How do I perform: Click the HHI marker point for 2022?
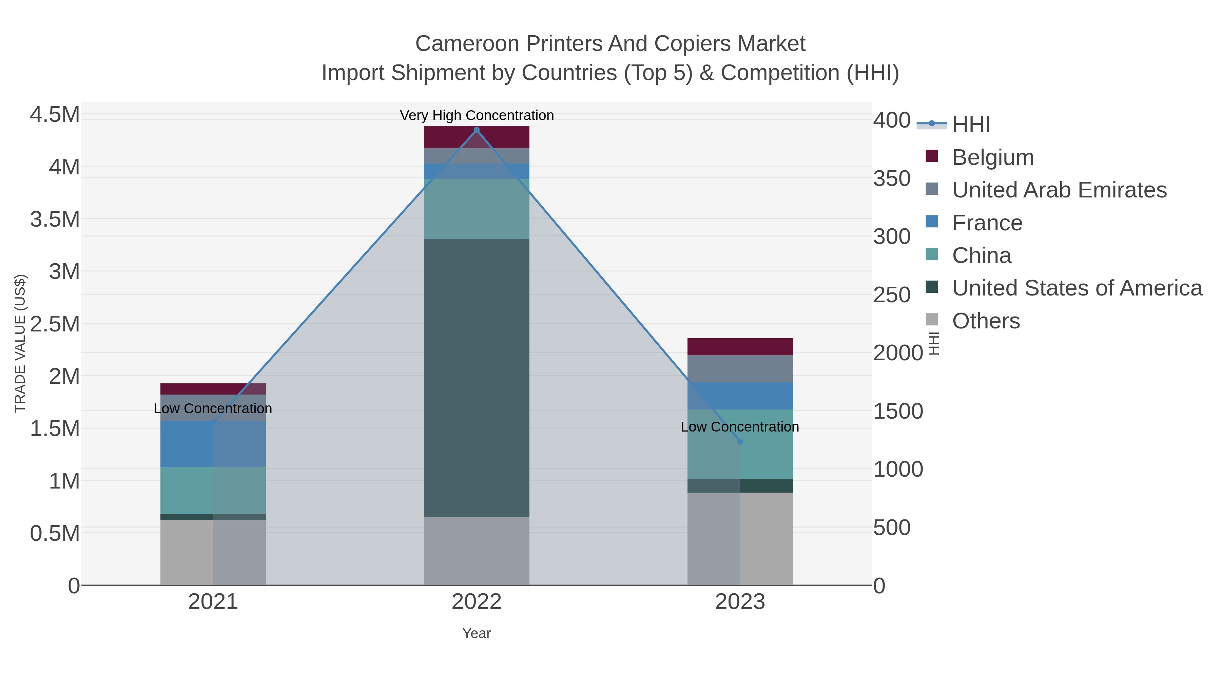(477, 130)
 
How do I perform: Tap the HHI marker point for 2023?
(740, 441)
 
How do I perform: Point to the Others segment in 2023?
(740, 539)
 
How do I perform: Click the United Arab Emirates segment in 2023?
(740, 369)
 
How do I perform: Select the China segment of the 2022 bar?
(477, 209)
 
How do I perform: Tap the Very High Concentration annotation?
(477, 115)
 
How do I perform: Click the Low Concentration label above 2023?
(739, 427)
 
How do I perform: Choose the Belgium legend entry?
(992, 157)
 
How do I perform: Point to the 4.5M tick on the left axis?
(55, 115)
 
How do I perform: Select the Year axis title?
(477, 633)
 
